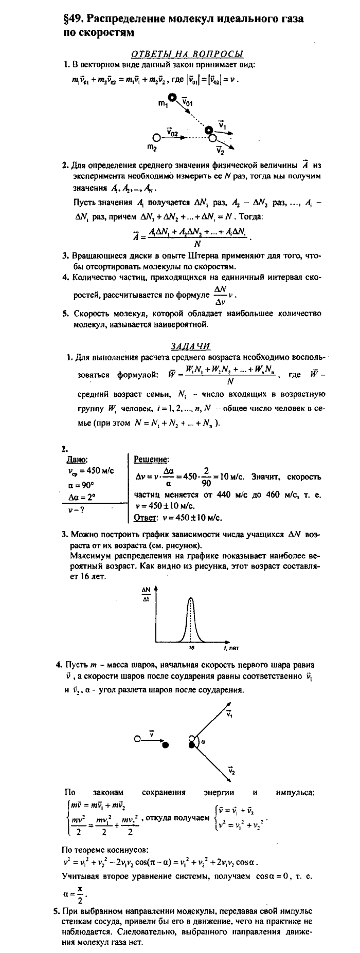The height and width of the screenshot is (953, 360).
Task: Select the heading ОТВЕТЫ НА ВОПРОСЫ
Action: [187, 54]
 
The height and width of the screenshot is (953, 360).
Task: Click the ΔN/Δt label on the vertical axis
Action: [146, 596]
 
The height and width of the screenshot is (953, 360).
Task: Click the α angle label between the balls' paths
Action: [203, 741]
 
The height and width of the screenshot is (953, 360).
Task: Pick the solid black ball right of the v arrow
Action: [165, 744]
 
